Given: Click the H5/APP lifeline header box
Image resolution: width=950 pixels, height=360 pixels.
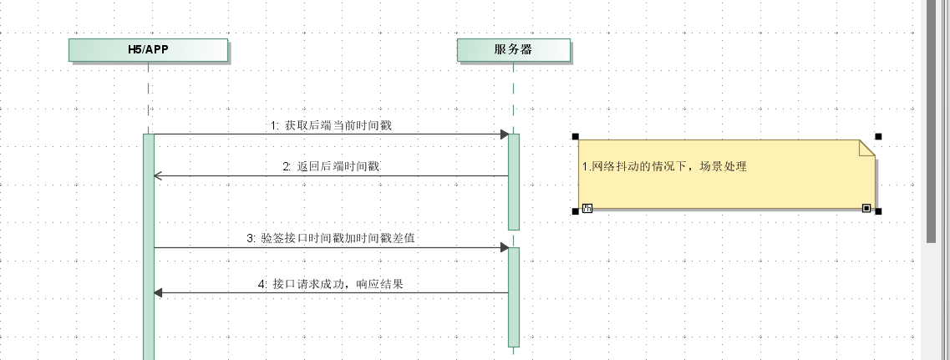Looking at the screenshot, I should pyautogui.click(x=148, y=50).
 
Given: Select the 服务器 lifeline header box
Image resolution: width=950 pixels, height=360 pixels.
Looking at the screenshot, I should pyautogui.click(x=514, y=50).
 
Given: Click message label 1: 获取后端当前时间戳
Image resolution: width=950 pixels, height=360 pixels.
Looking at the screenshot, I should pyautogui.click(x=331, y=125).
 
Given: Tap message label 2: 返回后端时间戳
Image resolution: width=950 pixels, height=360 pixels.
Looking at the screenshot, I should pyautogui.click(x=331, y=166).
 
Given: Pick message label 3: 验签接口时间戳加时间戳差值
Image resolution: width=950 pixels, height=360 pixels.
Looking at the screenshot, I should pyautogui.click(x=331, y=239).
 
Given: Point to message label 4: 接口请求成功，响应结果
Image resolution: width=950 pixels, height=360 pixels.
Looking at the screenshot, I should pyautogui.click(x=331, y=284).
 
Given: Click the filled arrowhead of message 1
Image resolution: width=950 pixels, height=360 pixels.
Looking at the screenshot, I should pyautogui.click(x=504, y=134).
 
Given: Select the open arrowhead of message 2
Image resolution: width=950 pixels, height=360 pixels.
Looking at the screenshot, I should pyautogui.click(x=157, y=175).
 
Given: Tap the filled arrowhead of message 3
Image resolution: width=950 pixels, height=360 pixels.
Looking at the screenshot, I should pyautogui.click(x=504, y=247).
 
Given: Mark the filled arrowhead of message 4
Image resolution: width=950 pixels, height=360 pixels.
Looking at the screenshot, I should pyautogui.click(x=159, y=292).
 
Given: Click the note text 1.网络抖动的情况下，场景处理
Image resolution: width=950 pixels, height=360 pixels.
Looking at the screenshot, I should pyautogui.click(x=664, y=166).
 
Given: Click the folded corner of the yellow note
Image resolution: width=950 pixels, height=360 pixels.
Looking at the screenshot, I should pyautogui.click(x=867, y=148).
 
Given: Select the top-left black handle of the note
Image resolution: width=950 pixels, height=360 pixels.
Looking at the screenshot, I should pyautogui.click(x=576, y=136).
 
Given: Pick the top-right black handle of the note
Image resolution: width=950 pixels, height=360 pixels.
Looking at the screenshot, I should pyautogui.click(x=878, y=136).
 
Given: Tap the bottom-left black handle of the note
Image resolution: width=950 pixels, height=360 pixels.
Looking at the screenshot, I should pyautogui.click(x=576, y=211).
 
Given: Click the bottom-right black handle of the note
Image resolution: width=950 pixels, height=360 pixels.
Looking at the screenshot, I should pyautogui.click(x=878, y=211).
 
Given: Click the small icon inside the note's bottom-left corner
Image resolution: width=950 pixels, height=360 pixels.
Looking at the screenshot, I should pyautogui.click(x=587, y=207).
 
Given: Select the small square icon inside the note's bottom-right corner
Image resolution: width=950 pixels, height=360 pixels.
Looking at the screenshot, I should pyautogui.click(x=866, y=207).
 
